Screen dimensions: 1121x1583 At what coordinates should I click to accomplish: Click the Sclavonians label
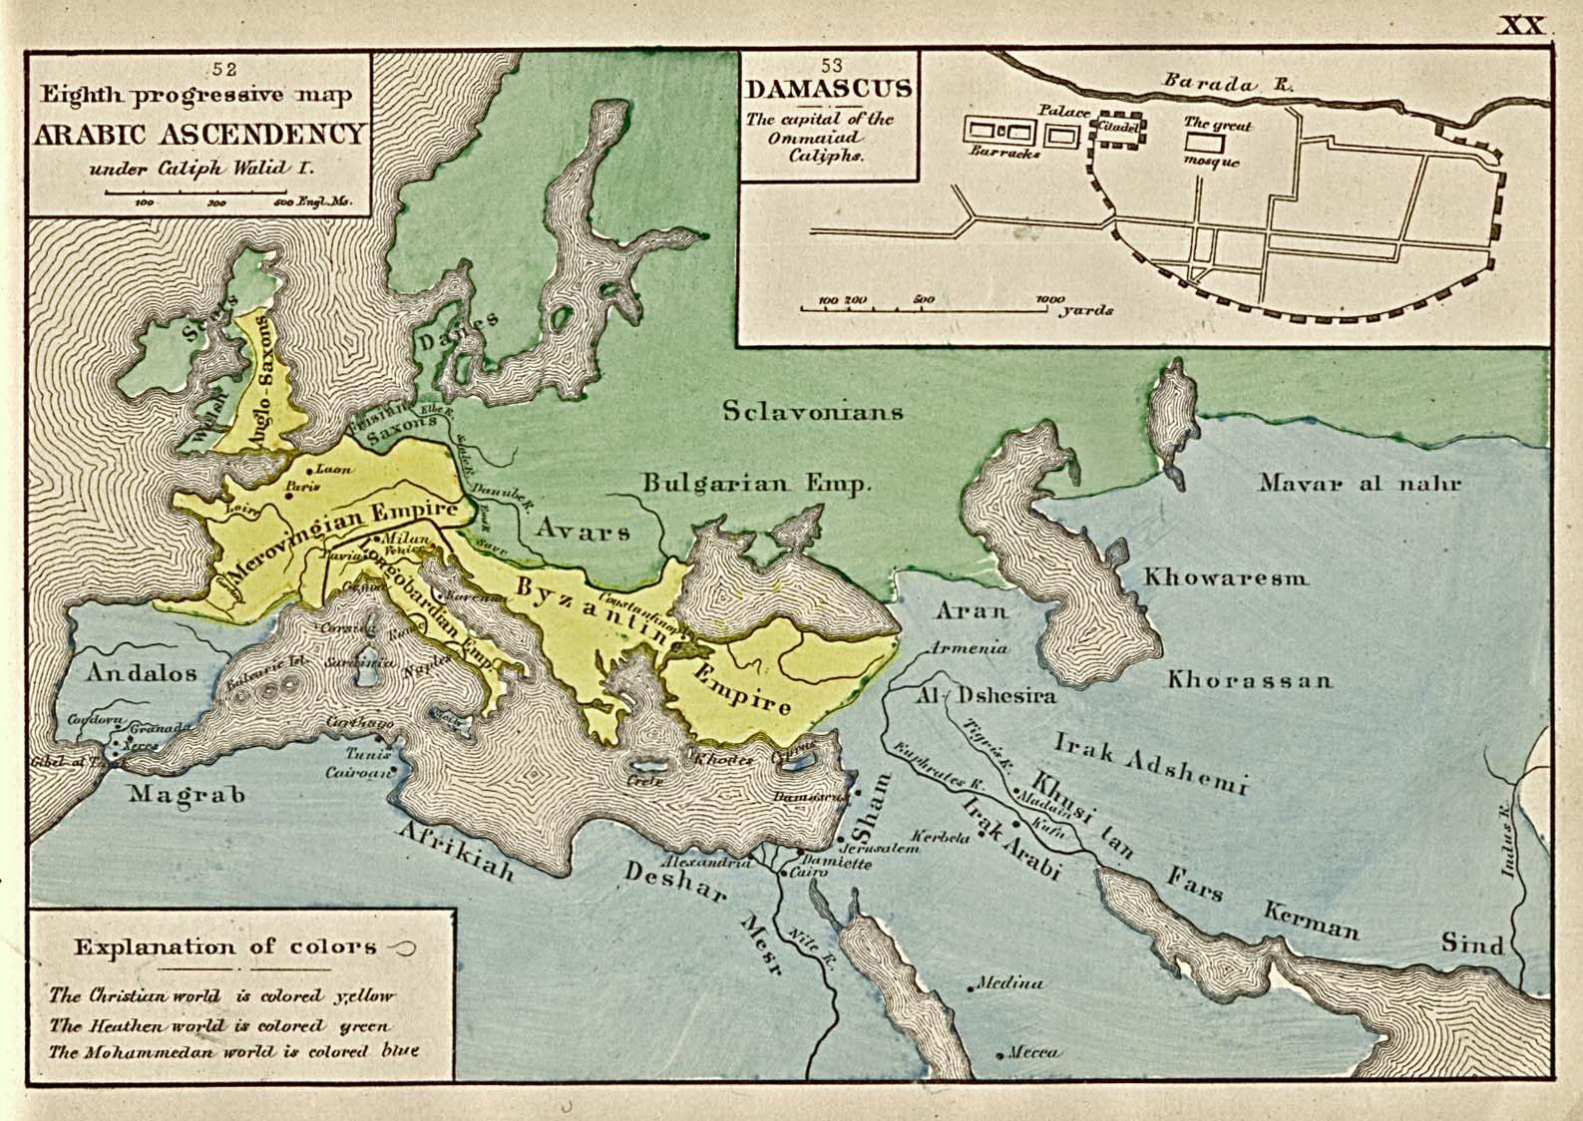(x=814, y=411)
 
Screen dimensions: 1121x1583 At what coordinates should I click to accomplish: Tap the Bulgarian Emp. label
(x=756, y=484)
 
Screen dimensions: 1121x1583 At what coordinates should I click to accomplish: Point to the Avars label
(x=584, y=531)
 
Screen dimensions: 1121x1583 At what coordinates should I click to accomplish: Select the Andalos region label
(x=141, y=672)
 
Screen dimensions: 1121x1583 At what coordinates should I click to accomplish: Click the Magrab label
(x=188, y=795)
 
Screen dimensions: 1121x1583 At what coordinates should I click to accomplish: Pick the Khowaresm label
(x=1226, y=577)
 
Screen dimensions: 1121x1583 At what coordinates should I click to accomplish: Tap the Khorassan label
(x=1250, y=680)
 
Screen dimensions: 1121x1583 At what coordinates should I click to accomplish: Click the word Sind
(x=1471, y=943)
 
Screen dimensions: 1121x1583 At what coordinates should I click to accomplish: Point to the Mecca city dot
(x=999, y=1054)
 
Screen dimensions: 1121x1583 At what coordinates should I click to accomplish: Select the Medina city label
(x=1009, y=982)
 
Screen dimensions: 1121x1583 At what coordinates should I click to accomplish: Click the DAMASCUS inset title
(x=829, y=88)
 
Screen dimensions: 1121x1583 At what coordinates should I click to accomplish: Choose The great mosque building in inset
(x=1197, y=144)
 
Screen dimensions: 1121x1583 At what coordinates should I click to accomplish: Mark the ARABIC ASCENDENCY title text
(x=199, y=134)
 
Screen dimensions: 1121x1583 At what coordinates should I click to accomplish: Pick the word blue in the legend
(x=400, y=1050)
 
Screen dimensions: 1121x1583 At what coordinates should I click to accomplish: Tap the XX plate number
(x=1521, y=25)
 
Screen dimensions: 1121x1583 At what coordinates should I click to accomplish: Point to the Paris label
(x=295, y=486)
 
